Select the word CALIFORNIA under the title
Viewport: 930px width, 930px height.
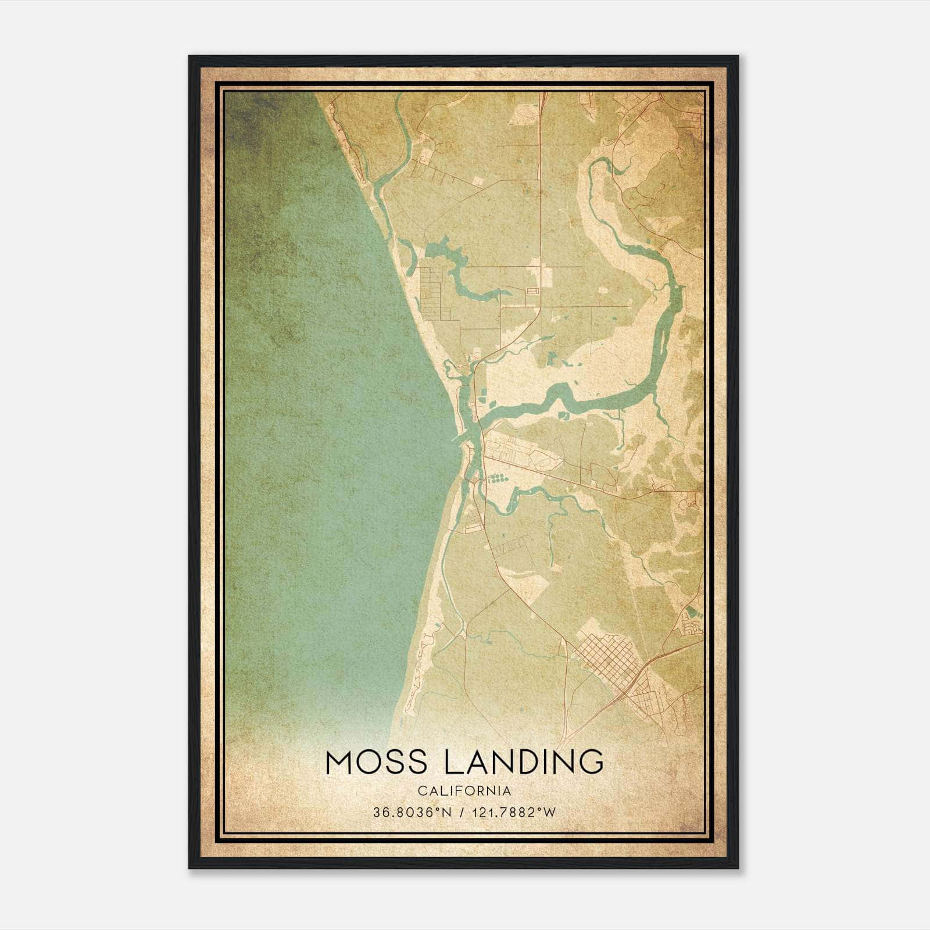pyautogui.click(x=464, y=791)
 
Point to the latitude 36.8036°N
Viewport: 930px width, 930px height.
pyautogui.click(x=413, y=813)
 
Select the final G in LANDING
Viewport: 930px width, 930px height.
pyautogui.click(x=589, y=762)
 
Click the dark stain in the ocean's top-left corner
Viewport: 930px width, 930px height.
pyautogui.click(x=250, y=116)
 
